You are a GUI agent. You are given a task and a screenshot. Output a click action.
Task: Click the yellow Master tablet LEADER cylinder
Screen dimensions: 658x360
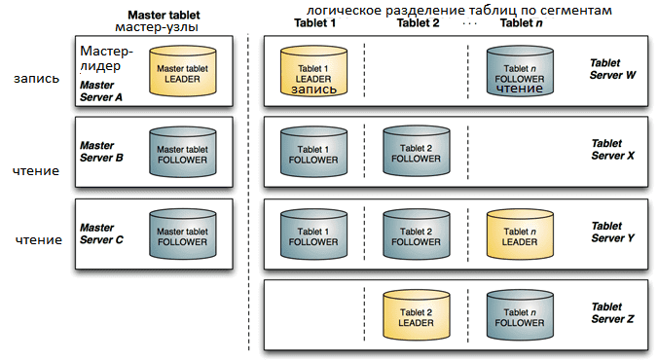(x=183, y=71)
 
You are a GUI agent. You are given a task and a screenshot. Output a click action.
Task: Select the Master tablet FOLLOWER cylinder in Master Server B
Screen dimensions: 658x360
(x=183, y=152)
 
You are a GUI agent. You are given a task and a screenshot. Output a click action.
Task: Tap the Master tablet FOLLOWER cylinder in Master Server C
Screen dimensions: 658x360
(x=183, y=234)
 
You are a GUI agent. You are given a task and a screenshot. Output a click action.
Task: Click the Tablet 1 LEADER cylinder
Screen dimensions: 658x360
(x=313, y=71)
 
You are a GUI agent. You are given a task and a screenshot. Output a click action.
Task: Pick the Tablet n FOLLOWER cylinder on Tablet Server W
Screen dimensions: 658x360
(x=520, y=71)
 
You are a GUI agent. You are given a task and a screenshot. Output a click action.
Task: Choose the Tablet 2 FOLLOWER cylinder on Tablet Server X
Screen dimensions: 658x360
(x=417, y=151)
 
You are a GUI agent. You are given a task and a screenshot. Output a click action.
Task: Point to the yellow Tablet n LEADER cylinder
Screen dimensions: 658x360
(x=520, y=234)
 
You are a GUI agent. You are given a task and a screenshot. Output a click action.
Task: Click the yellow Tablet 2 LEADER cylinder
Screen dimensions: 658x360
(x=417, y=314)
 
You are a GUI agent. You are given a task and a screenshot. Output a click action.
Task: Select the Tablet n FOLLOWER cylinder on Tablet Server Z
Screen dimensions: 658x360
(x=520, y=314)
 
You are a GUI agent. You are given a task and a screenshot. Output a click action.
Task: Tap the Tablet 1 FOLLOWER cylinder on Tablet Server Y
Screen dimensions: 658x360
(x=313, y=234)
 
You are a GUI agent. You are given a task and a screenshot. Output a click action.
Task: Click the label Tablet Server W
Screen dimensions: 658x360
(x=612, y=69)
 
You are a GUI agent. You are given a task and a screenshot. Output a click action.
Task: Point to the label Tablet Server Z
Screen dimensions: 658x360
(x=612, y=313)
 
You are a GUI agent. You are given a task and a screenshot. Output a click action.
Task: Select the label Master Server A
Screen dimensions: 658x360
(x=101, y=91)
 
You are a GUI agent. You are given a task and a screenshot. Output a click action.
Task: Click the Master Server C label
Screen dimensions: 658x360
(x=101, y=234)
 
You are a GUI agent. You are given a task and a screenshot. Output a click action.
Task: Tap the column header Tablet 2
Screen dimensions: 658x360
(x=418, y=22)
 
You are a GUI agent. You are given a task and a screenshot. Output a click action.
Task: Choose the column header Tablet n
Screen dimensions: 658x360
(x=521, y=22)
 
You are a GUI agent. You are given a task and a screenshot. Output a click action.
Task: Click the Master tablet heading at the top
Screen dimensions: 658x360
(x=164, y=16)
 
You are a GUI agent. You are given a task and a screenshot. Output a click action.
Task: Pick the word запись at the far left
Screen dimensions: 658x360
(x=37, y=79)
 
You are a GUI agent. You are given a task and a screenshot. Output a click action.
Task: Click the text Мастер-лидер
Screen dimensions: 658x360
(x=107, y=58)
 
